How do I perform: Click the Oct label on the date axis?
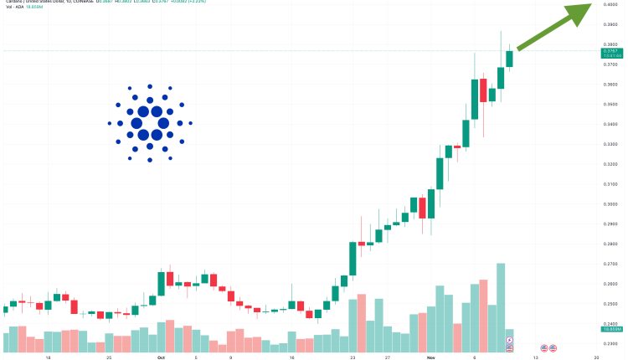[x=160, y=356]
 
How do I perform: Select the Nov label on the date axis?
[x=430, y=356]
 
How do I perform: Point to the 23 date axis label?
[x=353, y=356]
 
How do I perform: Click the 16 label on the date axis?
[x=291, y=356]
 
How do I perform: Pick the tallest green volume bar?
[x=501, y=306]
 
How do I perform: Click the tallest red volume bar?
[x=483, y=315]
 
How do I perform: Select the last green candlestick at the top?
[x=509, y=59]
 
